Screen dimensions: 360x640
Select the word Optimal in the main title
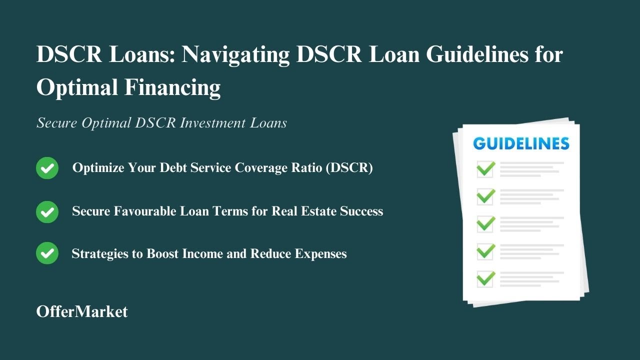(x=76, y=88)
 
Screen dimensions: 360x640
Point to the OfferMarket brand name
(x=82, y=311)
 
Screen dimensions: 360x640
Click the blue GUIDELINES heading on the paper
(x=521, y=144)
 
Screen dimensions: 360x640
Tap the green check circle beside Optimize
(x=47, y=168)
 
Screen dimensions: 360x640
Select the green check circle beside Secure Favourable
(x=47, y=211)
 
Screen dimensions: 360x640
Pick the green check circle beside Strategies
(x=47, y=253)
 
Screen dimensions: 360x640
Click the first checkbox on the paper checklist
(x=485, y=169)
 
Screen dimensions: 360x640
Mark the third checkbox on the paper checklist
(x=485, y=224)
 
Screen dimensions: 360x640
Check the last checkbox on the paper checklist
(x=485, y=279)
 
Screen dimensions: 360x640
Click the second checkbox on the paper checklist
(x=485, y=196)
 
